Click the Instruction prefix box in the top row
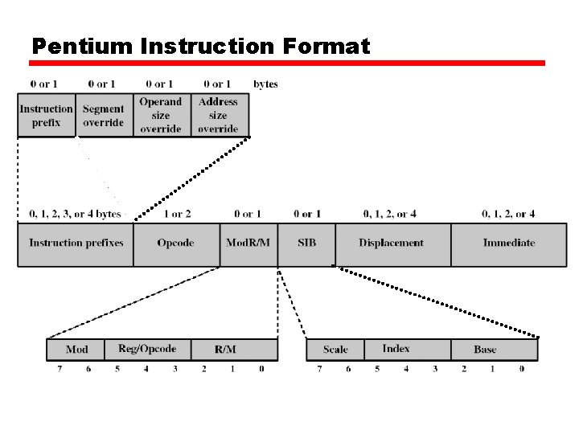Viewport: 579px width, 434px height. click(47, 116)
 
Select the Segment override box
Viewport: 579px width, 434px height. click(104, 116)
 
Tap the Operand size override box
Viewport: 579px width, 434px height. click(161, 116)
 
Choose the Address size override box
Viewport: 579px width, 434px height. click(219, 116)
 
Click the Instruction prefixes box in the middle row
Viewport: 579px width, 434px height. click(76, 244)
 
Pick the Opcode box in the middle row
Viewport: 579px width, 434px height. click(176, 244)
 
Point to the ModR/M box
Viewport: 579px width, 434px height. click(248, 244)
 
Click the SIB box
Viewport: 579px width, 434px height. click(306, 244)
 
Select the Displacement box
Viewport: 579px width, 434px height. click(392, 244)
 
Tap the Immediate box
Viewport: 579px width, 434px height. click(509, 244)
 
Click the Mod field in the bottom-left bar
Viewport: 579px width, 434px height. click(76, 350)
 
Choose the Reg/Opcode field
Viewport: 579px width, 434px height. click(147, 350)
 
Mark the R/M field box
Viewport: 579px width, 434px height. click(226, 350)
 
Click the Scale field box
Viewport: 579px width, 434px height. click(335, 350)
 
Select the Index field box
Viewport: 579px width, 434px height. click(396, 350)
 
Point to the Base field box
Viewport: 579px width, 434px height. click(486, 350)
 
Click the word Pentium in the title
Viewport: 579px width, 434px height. click(82, 47)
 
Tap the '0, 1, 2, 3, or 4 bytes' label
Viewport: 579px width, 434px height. click(75, 215)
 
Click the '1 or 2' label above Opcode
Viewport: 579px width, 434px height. click(177, 215)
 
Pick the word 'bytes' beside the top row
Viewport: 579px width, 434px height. click(265, 84)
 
